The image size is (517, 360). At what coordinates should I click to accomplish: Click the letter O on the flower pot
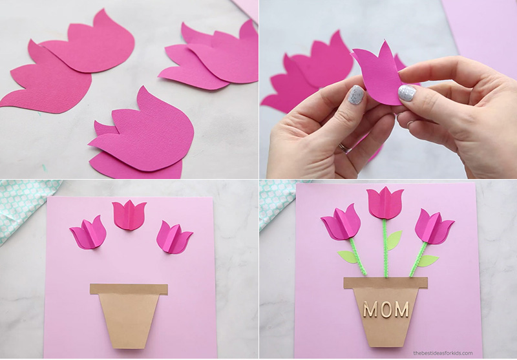pos(386,309)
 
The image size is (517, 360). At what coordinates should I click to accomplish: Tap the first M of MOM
pos(370,309)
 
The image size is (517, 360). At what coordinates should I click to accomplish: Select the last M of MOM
pos(401,309)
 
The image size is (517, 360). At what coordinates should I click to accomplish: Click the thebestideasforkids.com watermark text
pos(443,353)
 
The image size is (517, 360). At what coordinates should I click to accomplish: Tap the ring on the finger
pos(344,148)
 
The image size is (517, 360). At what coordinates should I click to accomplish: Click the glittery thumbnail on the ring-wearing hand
pos(356,95)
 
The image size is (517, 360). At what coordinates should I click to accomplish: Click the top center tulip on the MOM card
pos(385,203)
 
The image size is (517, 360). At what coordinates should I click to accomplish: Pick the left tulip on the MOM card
pos(340,222)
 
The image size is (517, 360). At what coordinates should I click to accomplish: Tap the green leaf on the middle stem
pos(394,240)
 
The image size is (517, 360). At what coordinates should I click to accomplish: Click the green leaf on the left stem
pos(347,257)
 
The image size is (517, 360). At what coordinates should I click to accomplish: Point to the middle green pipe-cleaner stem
pos(385,248)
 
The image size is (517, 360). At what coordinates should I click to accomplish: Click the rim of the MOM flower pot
pos(385,283)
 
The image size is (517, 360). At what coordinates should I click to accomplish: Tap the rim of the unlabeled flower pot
pos(129,289)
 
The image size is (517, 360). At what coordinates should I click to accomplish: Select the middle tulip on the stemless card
pos(129,215)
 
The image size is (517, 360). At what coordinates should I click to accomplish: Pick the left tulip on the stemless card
pos(88,233)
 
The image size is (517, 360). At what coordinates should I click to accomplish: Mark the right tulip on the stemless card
pos(174,237)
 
